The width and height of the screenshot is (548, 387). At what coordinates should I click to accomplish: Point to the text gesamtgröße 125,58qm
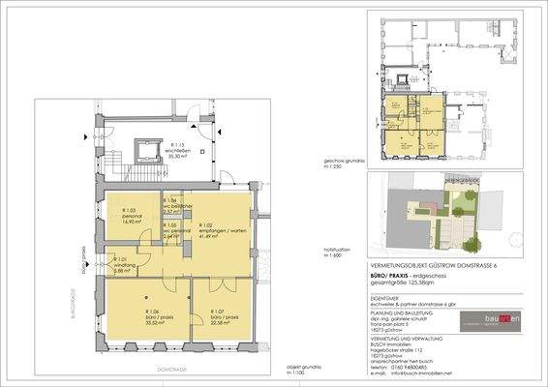(404, 283)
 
